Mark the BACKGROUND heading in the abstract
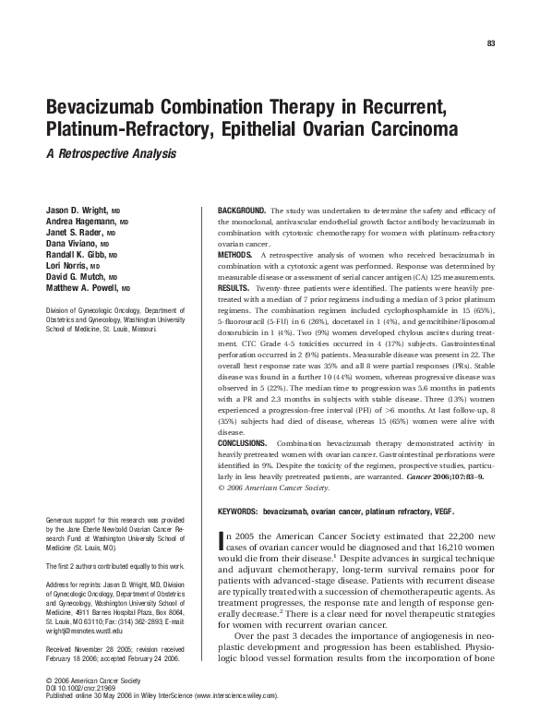[241, 211]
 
